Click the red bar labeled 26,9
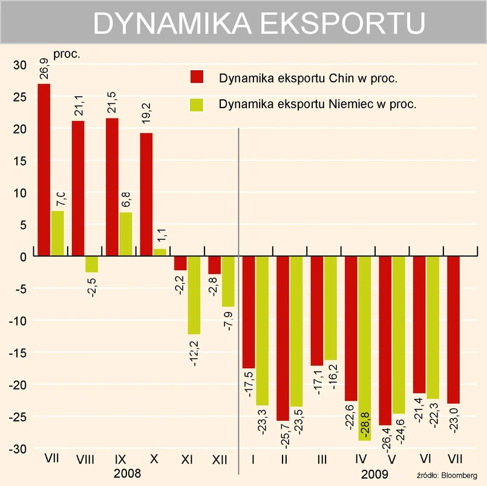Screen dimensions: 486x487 coord(44,170)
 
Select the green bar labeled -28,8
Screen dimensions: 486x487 coord(365,348)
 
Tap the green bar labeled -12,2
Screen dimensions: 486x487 coord(194,295)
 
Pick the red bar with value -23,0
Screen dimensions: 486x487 coord(453,330)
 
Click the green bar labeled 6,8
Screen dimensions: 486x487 coord(125,235)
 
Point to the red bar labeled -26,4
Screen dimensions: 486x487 coord(385,341)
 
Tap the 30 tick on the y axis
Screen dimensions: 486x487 coord(20,65)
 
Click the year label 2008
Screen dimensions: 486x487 coord(127,473)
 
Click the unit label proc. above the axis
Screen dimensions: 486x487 coord(67,54)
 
